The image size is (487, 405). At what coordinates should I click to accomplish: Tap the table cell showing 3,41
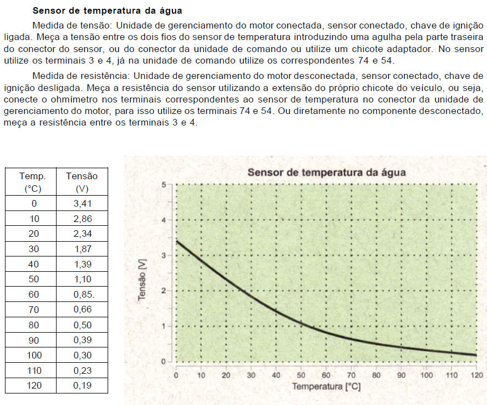[x=82, y=203]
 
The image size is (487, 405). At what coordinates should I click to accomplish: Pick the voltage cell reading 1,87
[x=82, y=249]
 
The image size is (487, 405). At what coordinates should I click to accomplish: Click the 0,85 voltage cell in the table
[x=83, y=294]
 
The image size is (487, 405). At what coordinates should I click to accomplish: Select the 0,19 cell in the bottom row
[x=82, y=385]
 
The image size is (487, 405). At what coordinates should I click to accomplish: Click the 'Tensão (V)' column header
[x=82, y=182]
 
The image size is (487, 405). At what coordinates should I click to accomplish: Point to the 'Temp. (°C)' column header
[x=33, y=182]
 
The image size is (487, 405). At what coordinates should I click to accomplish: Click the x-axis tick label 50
[x=301, y=375]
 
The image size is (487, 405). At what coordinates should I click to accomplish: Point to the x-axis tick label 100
[x=426, y=375]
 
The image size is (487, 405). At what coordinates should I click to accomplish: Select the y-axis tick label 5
[x=163, y=185]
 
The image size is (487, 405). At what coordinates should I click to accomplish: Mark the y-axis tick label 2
[x=163, y=291]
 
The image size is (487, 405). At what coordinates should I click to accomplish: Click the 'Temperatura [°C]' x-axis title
[x=326, y=386]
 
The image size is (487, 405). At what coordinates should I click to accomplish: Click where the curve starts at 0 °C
[x=176, y=241]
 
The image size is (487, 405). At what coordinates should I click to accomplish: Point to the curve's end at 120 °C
[x=475, y=355]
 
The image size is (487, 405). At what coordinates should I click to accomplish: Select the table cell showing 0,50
[x=82, y=324]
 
